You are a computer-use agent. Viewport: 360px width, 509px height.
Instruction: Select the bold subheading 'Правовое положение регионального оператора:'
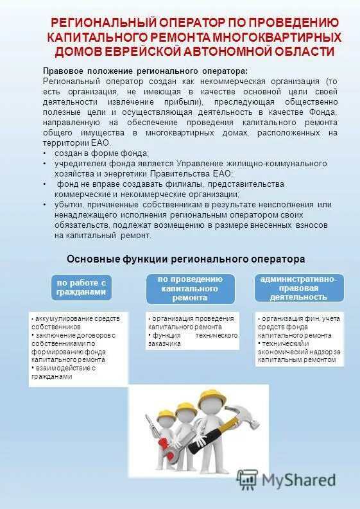144,71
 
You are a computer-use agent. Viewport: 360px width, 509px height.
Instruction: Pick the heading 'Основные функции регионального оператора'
185,259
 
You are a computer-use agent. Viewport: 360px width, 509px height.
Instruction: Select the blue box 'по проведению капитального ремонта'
189,288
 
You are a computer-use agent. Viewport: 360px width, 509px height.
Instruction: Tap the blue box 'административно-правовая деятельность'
298,288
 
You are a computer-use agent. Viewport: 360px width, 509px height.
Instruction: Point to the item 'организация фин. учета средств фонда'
298,322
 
